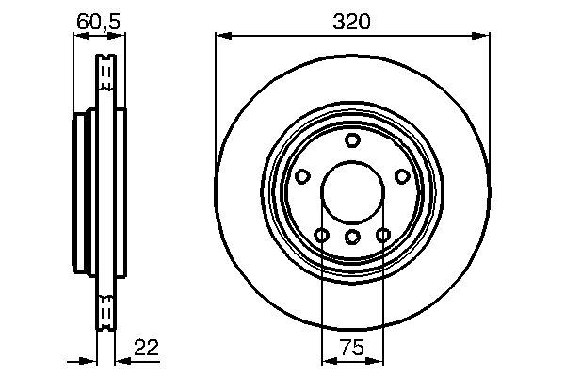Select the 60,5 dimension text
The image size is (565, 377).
99,20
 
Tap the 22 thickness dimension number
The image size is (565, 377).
145,348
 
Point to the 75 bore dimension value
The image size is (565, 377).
352,348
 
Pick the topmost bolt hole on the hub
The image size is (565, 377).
352,140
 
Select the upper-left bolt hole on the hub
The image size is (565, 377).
303,176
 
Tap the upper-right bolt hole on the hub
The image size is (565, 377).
402,176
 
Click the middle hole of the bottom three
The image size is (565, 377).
352,237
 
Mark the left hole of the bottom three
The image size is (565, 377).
322,235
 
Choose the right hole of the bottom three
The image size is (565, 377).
383,235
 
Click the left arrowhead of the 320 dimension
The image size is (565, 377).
222,36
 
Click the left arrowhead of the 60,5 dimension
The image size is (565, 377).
78,36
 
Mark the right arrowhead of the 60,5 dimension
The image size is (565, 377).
119,36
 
